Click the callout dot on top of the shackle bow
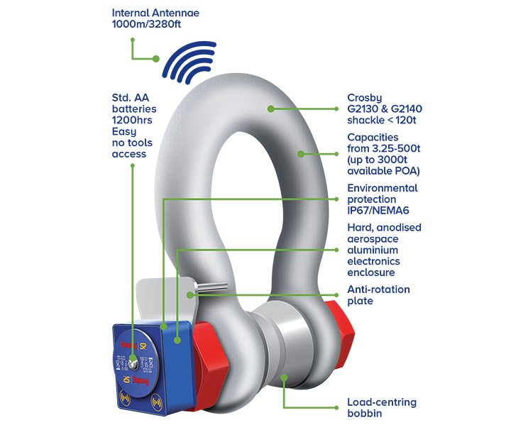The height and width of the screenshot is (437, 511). tap(270, 109)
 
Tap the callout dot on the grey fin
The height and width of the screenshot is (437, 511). tap(190, 294)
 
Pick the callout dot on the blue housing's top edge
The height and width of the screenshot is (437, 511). tap(164, 327)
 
